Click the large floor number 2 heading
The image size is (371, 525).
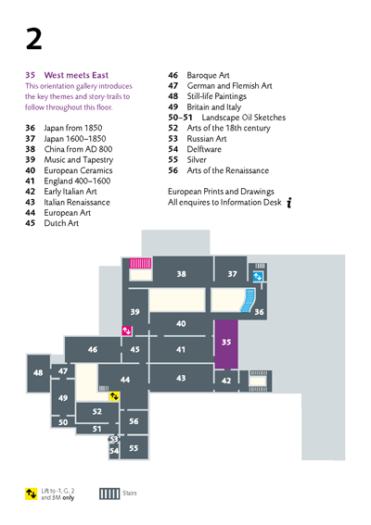[34, 39]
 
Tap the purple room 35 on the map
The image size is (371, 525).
[226, 344]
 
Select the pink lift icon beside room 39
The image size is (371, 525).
[127, 331]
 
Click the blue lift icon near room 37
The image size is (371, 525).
[258, 277]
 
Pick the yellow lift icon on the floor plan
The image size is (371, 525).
[114, 396]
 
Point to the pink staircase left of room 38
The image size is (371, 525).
[140, 263]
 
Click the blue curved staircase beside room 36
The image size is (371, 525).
[248, 301]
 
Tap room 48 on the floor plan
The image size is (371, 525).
[38, 373]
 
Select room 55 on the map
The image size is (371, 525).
[134, 447]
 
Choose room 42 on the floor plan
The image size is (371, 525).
[226, 381]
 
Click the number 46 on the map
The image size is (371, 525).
[93, 350]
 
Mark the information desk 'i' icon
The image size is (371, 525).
[289, 202]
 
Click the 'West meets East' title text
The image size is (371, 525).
[76, 75]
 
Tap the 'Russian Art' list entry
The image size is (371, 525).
[207, 139]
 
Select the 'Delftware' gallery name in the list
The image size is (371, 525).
[204, 149]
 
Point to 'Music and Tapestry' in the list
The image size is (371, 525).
[79, 159]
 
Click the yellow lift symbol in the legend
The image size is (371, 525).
[32, 494]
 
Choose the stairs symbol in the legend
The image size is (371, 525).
[109, 494]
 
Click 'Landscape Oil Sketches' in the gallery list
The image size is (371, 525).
[244, 118]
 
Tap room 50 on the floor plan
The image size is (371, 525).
[63, 422]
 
